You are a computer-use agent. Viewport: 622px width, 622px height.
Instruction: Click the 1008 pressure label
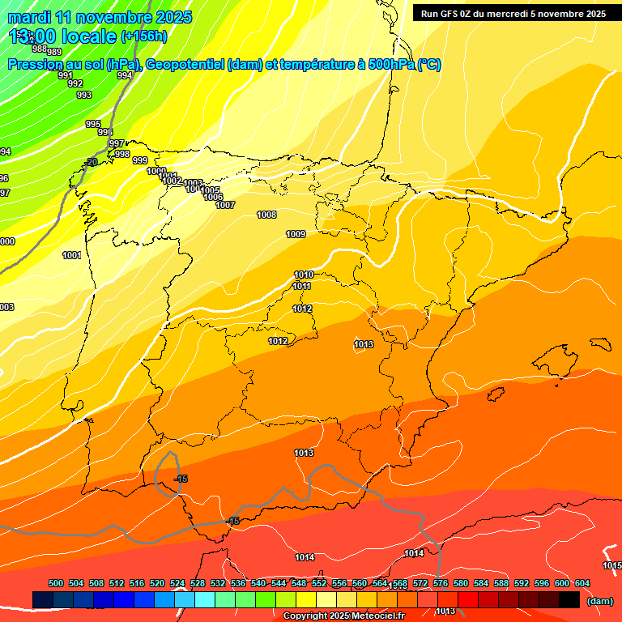(x=266, y=215)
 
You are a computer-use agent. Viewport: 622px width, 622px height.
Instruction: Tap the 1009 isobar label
(x=296, y=234)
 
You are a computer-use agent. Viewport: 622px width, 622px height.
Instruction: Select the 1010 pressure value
(x=304, y=275)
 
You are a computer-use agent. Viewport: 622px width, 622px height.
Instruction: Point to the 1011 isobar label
(x=302, y=286)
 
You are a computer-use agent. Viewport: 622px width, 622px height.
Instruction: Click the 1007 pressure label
(x=225, y=205)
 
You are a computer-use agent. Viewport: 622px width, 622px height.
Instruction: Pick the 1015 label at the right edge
(x=612, y=565)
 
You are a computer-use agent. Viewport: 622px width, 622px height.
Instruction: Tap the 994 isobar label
(x=124, y=75)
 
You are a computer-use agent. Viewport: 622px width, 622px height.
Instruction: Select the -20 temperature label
(x=91, y=162)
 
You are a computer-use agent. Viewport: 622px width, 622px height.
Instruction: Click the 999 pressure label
(x=140, y=160)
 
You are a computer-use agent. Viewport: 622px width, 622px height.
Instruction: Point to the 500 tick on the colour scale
(x=56, y=583)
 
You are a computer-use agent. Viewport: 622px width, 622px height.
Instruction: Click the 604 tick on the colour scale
(x=582, y=583)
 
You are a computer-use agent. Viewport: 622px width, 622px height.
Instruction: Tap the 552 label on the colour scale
(x=319, y=583)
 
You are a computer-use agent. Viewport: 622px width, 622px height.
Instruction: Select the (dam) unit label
(x=599, y=601)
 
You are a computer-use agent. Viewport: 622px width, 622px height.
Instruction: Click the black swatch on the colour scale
(x=569, y=600)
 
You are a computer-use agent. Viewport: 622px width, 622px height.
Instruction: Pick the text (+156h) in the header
(x=144, y=36)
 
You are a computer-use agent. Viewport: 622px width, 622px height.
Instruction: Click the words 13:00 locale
(x=63, y=36)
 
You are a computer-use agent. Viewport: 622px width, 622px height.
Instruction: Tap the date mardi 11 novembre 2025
(x=100, y=17)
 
